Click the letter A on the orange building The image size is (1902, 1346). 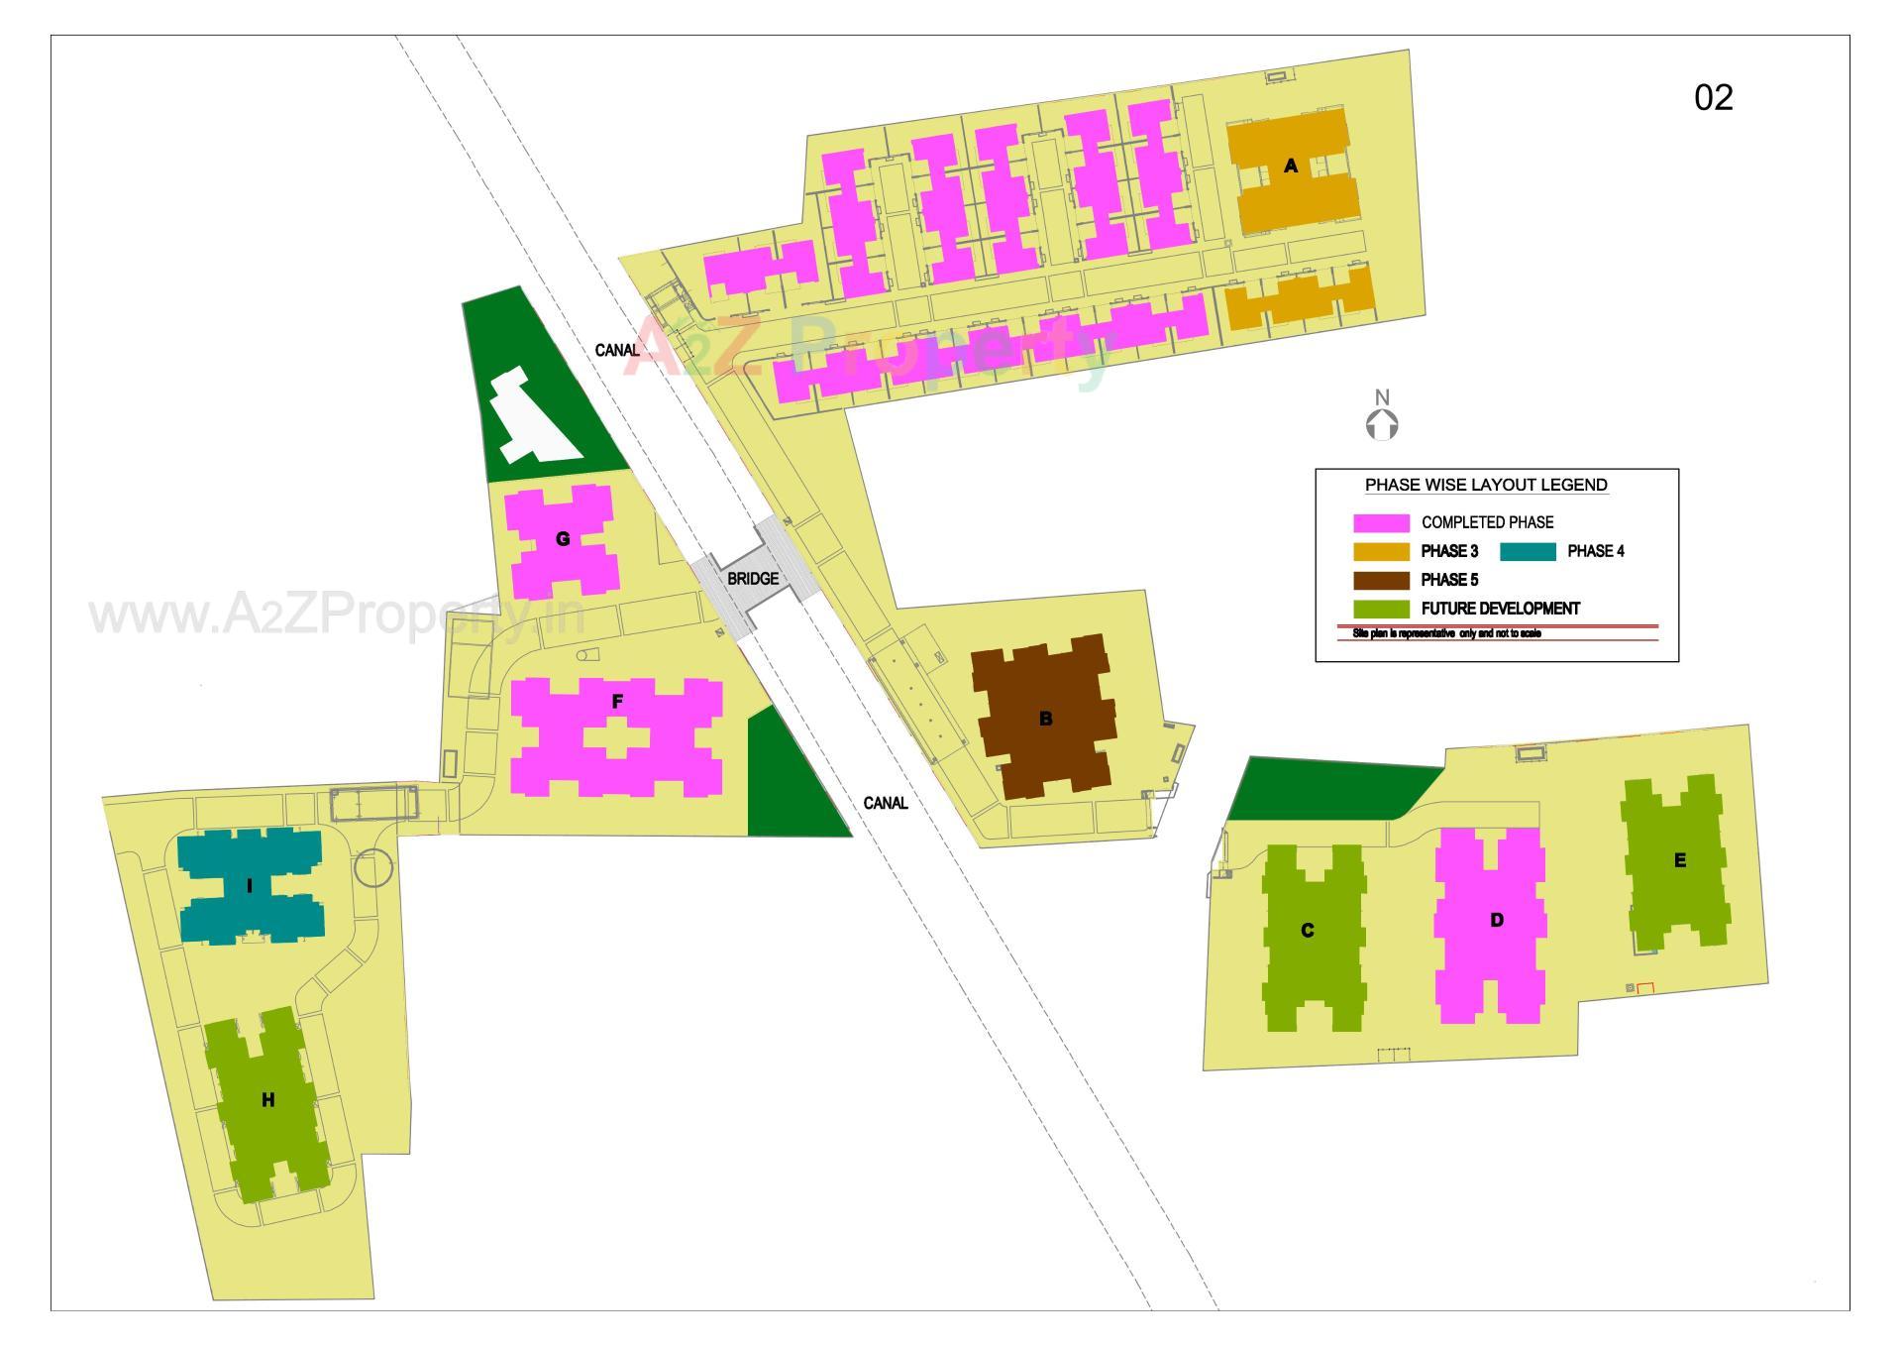pyautogui.click(x=1290, y=166)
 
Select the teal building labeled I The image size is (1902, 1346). pyautogui.click(x=250, y=886)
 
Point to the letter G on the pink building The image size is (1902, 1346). pyautogui.click(x=563, y=539)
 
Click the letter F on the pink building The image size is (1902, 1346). pyautogui.click(x=617, y=702)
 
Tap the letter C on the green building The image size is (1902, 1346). pyautogui.click(x=1307, y=930)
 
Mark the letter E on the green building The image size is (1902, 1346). pyautogui.click(x=1679, y=860)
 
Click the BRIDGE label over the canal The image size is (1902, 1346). pyautogui.click(x=753, y=578)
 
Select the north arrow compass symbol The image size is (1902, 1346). pyautogui.click(x=1382, y=415)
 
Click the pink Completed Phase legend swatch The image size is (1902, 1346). pyautogui.click(x=1381, y=522)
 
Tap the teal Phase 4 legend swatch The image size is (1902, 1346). pyautogui.click(x=1528, y=551)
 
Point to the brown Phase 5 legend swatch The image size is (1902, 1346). pyautogui.click(x=1381, y=580)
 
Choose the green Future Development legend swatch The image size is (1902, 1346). pyautogui.click(x=1381, y=609)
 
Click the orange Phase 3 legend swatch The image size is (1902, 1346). pyautogui.click(x=1381, y=551)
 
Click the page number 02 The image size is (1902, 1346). pyautogui.click(x=1713, y=97)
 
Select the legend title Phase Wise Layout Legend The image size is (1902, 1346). pyautogui.click(x=1486, y=485)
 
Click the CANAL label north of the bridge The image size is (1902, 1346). pyautogui.click(x=616, y=350)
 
